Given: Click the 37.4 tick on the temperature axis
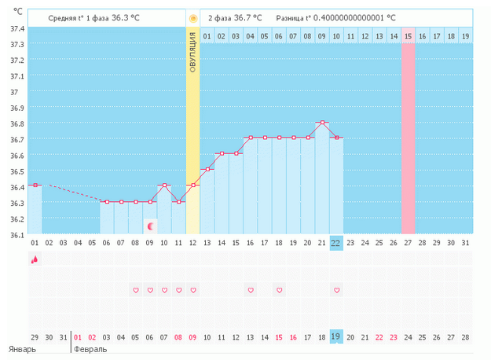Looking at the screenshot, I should click(x=16, y=28).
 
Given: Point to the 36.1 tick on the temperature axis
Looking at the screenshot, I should click(x=16, y=235).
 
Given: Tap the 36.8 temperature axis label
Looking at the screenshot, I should click(x=16, y=124).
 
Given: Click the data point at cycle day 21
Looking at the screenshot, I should click(x=322, y=123).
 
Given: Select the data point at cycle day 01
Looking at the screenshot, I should click(x=35, y=186).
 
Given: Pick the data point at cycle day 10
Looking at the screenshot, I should click(x=164, y=186).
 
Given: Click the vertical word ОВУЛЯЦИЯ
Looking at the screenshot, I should click(x=193, y=54).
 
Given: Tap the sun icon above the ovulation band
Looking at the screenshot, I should click(x=193, y=17).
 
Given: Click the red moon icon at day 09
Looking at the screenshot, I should click(x=150, y=226).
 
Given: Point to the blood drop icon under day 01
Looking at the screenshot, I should click(x=34, y=259).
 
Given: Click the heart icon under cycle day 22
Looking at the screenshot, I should click(x=336, y=290).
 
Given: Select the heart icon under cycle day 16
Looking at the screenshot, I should click(x=251, y=290).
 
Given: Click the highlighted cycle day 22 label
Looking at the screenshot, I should click(x=336, y=242).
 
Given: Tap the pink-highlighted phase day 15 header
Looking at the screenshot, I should click(x=408, y=36).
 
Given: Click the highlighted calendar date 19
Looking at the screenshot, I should click(x=336, y=336).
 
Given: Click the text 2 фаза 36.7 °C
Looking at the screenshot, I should click(x=235, y=17).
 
